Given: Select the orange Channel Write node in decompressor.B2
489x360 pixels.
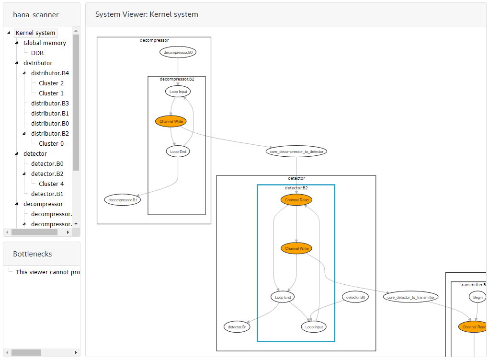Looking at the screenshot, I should [171, 121].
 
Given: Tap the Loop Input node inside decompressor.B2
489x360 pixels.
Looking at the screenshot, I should [178, 91].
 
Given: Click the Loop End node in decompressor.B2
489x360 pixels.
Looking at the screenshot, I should [178, 151].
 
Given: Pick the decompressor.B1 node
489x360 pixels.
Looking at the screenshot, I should [123, 199].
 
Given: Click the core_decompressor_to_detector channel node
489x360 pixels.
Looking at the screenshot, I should [296, 151].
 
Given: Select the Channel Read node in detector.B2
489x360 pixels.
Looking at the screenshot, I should [296, 200].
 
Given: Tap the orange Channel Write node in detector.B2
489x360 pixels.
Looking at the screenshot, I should [296, 248].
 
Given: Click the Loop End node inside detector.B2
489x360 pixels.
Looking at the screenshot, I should [283, 297].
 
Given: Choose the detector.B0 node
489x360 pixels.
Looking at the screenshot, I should [356, 297].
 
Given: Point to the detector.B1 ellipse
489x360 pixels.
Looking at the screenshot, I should [237, 327].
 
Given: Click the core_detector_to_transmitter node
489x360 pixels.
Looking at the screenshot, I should [410, 297].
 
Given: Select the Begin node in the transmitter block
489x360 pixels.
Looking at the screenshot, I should [478, 297].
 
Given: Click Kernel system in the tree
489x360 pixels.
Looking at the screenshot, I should [35, 33].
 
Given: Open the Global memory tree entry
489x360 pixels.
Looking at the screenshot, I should [45, 43].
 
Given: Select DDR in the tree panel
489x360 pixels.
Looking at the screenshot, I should [37, 53].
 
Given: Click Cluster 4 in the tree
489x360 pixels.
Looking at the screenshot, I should [51, 184].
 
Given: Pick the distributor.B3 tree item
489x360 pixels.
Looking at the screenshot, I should [50, 104].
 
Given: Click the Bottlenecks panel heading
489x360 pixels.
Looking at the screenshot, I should [33, 254].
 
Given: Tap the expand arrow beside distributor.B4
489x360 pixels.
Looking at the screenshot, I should [24, 73].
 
